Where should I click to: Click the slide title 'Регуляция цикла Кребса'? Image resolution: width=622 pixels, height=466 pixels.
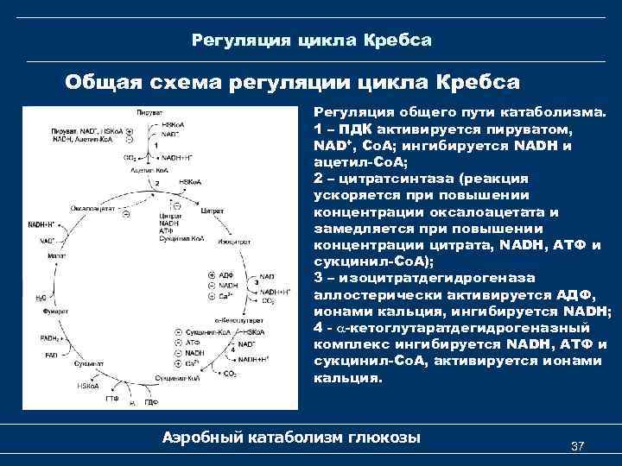pyautogui.click(x=311, y=41)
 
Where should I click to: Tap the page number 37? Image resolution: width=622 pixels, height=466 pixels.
pyautogui.click(x=579, y=445)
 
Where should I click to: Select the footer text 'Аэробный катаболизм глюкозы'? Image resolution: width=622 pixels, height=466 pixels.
pyautogui.click(x=291, y=438)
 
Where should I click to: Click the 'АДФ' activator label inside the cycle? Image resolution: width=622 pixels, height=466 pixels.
pyautogui.click(x=227, y=274)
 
